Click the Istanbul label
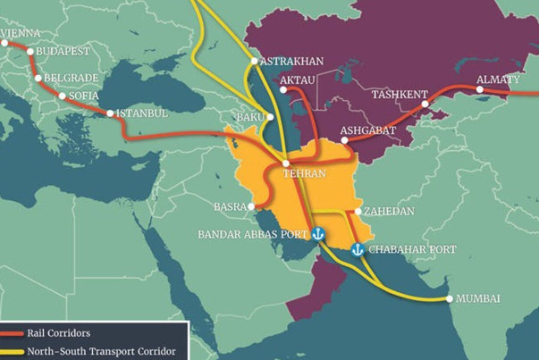pos(141,113)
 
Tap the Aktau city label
pos(298,80)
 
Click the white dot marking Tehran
pos(285,163)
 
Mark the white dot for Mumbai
pos(449,298)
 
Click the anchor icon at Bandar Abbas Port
pos(317,234)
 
